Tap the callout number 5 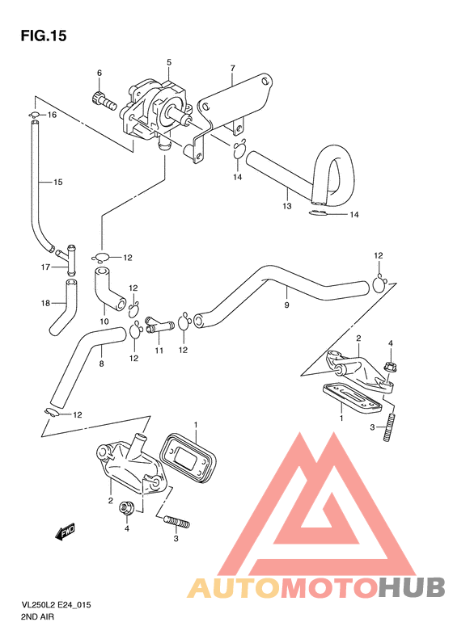pos(169,62)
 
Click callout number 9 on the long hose pos(286,305)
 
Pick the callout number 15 pos(57,182)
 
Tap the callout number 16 pos(53,116)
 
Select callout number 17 pos(46,266)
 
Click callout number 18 pos(46,303)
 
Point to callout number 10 pos(104,321)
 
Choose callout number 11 pos(159,351)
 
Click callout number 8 pos(100,364)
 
